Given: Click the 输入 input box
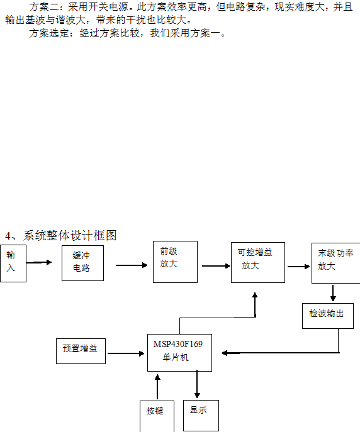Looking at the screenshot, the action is pos(13,263).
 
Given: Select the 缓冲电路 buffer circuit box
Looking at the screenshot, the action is pos(82,263).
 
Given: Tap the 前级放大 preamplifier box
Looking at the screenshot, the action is pos(176,262).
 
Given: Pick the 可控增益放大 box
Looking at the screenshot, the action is pos(258,263).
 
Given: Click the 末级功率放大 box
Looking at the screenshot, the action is pos(335,263).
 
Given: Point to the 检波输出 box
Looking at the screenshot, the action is pos(328,316).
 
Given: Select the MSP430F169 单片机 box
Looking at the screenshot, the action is pos(180,353).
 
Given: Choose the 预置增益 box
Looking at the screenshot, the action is pos(81,352).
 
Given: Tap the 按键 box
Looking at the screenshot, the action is pos(157,416).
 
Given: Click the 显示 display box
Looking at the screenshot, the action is pos(201,416).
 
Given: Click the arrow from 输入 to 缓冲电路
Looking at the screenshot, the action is pos(39,263).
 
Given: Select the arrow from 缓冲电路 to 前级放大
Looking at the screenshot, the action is pos(132,265).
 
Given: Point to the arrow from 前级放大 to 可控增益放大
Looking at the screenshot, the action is pos(216,266).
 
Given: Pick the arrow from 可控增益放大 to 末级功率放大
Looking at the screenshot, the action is pos(299,267).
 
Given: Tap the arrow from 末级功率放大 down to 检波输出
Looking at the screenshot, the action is pos(333,293).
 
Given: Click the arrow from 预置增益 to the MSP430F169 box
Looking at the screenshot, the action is pos(126,353).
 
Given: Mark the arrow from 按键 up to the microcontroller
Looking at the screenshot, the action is pos(157,387).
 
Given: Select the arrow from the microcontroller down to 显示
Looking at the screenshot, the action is pos(197,384).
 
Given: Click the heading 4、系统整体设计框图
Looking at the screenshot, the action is pos(61,236).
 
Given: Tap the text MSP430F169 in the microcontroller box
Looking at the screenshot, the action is pos(177,344).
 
